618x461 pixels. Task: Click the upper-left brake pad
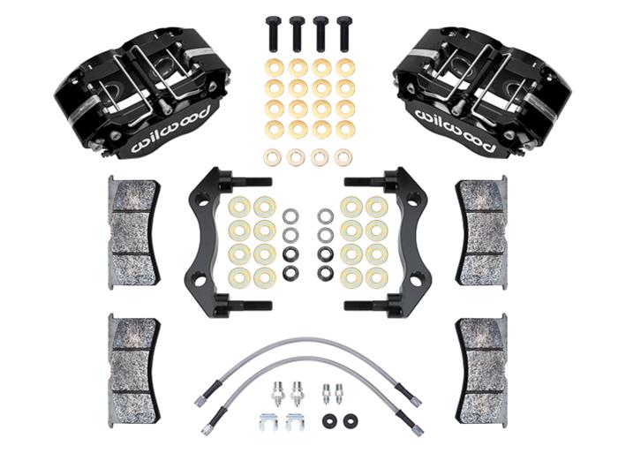point(133,230)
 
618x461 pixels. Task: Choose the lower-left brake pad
point(132,357)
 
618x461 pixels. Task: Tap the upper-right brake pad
point(482,230)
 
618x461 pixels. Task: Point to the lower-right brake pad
point(482,357)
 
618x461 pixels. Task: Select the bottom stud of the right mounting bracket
point(364,307)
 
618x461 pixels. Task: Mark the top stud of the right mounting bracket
point(364,183)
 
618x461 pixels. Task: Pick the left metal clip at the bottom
point(270,422)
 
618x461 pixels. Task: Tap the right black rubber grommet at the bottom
point(350,421)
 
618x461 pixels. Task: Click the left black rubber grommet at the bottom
point(330,421)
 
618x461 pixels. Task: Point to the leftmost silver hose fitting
point(276,389)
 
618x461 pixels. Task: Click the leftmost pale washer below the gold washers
point(273,157)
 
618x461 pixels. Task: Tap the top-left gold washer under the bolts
point(274,67)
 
